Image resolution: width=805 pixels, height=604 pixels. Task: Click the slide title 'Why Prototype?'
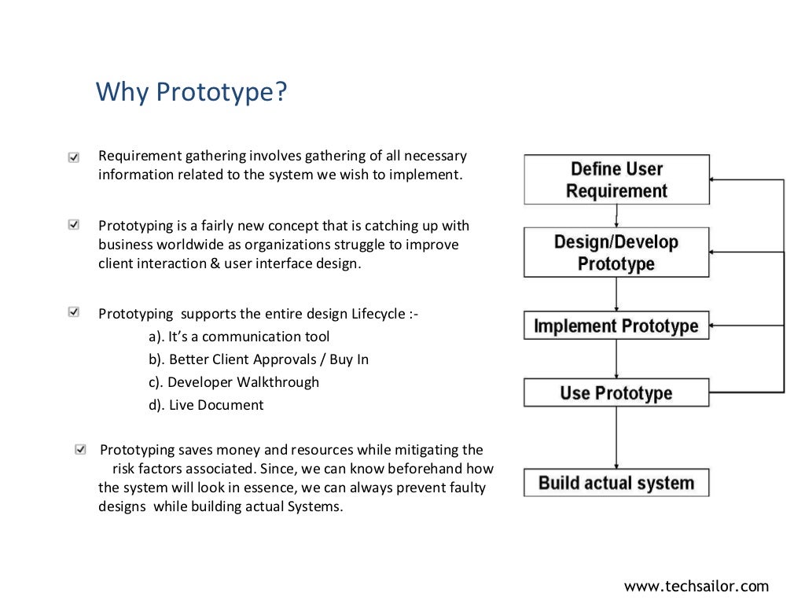point(191,92)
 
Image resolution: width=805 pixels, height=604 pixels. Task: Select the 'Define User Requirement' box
point(616,180)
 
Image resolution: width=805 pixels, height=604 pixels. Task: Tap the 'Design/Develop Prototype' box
point(616,252)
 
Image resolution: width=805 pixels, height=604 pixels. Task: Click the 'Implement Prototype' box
point(616,326)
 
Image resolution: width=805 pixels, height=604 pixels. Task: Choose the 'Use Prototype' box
point(616,392)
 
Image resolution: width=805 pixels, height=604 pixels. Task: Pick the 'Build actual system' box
point(616,482)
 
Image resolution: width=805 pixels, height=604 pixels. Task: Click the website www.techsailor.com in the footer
point(696,586)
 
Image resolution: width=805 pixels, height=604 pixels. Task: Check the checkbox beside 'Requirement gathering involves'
point(74,157)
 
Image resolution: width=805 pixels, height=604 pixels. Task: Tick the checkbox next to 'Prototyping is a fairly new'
point(74,226)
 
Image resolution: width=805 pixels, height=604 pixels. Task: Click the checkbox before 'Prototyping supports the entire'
point(74,313)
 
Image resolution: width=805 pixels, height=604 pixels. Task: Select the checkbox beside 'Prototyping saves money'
point(80,450)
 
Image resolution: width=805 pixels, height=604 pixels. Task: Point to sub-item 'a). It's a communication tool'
point(239,337)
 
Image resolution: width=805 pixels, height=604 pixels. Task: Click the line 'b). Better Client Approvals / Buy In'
point(259,359)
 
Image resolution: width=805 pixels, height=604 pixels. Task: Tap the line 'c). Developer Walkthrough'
point(234,382)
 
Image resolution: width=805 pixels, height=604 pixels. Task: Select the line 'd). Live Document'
point(206,405)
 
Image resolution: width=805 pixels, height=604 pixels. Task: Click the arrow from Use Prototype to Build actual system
point(616,437)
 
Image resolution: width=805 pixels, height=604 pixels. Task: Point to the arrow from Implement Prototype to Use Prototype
point(616,359)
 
